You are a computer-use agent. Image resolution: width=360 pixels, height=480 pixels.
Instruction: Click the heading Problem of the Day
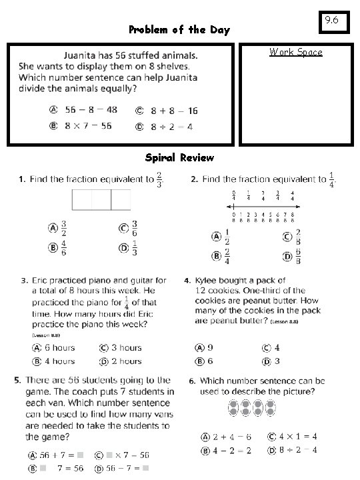[179, 30]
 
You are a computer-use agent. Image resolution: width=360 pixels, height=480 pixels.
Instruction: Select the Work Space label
[295, 52]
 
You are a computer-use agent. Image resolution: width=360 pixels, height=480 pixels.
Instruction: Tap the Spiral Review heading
[179, 158]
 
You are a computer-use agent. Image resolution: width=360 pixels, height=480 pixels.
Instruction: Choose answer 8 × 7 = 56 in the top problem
[88, 126]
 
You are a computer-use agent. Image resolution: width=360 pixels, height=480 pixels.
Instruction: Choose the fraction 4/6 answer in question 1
[63, 249]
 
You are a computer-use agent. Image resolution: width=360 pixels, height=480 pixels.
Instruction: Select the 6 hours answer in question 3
[59, 347]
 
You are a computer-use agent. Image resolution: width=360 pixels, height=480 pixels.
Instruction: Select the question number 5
[17, 380]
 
